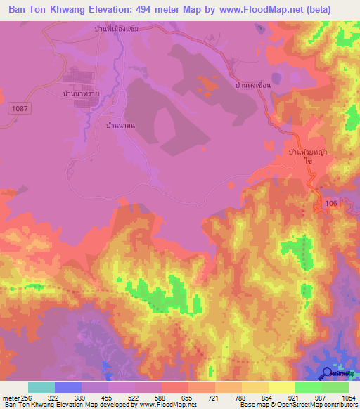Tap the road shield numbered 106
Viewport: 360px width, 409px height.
point(331,202)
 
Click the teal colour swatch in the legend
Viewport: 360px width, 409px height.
point(41,387)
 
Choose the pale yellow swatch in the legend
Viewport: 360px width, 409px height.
point(281,387)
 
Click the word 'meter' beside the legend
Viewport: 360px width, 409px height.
point(10,398)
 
